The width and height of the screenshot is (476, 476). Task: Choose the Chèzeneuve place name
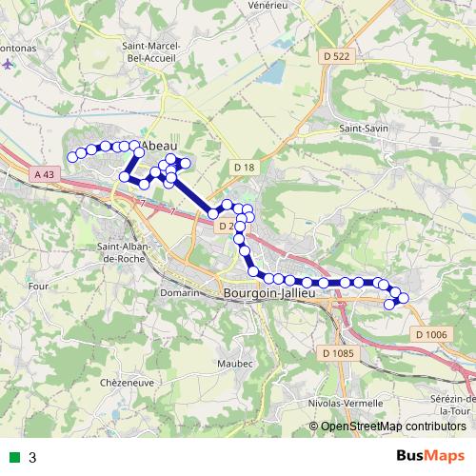(126, 382)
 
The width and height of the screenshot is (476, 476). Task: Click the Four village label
(39, 285)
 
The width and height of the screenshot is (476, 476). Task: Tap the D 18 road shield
(245, 168)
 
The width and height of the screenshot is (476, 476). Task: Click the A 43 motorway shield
(44, 174)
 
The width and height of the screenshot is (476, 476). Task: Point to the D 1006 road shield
(430, 334)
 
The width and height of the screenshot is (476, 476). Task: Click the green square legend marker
(13, 458)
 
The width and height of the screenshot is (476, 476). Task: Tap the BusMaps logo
(429, 456)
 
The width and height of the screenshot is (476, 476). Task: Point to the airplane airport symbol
(9, 65)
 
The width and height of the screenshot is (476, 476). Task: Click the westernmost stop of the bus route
(71, 157)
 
